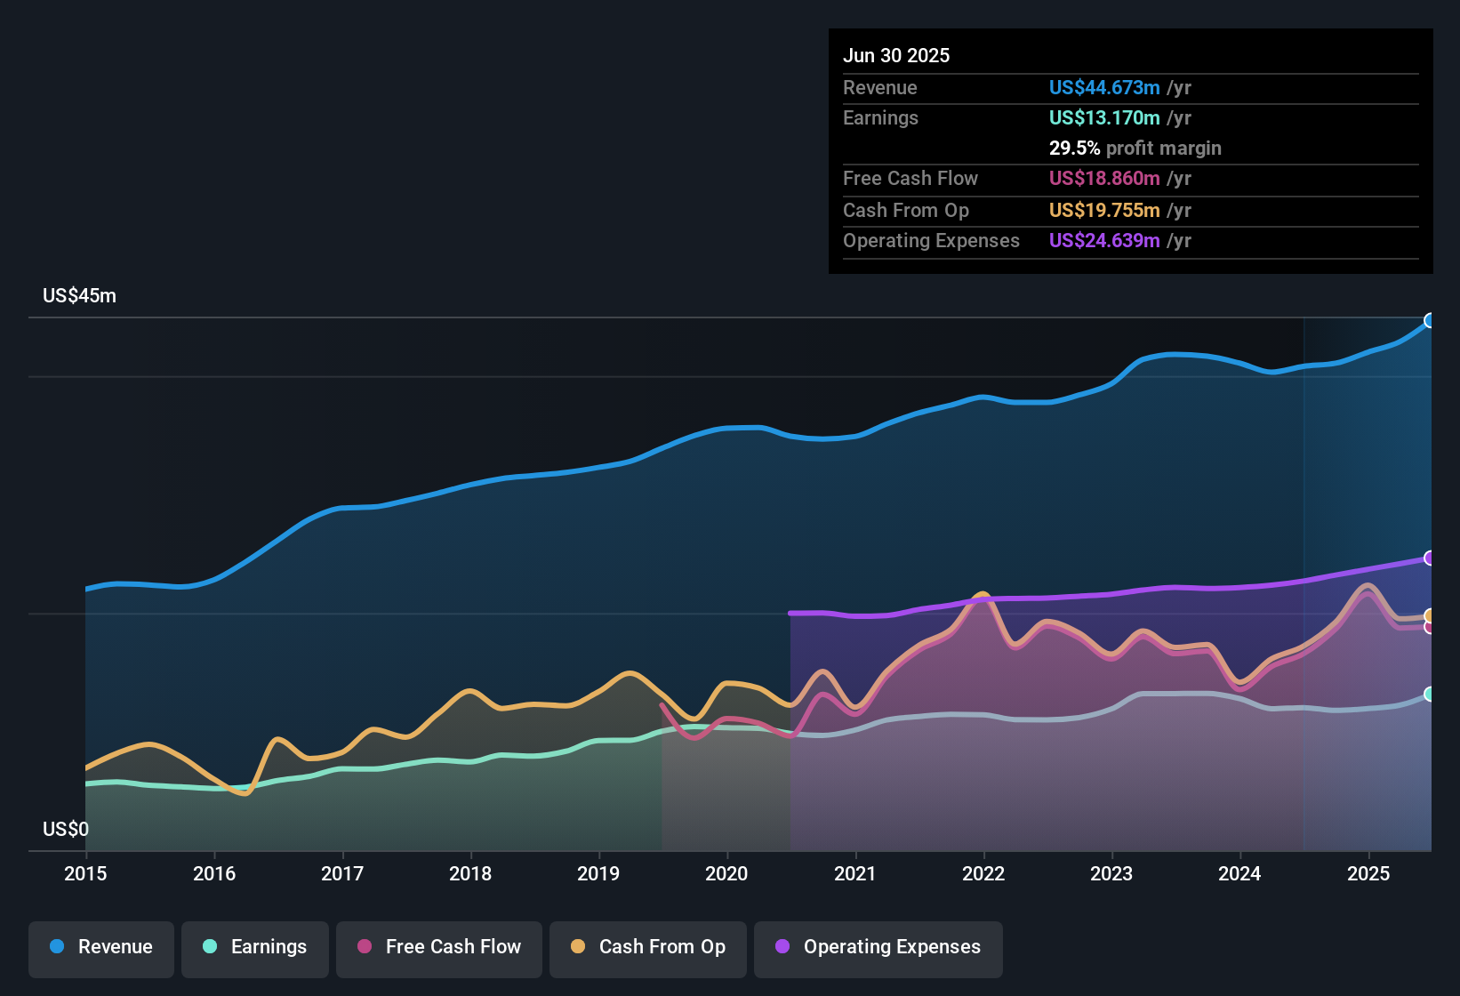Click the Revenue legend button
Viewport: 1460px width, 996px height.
point(101,947)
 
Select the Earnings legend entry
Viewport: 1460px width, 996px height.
point(255,947)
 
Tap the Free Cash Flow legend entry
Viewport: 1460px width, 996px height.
point(439,947)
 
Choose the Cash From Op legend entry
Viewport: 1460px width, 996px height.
point(648,947)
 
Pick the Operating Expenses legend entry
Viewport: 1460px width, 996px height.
point(878,947)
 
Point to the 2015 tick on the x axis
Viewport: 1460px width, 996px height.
point(85,873)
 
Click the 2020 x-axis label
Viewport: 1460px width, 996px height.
point(726,873)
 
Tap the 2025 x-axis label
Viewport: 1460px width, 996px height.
point(1368,873)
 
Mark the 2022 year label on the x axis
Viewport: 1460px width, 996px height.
point(983,873)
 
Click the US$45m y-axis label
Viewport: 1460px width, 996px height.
point(79,296)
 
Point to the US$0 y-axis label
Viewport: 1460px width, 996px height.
point(66,830)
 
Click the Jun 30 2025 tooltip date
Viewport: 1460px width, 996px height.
point(896,56)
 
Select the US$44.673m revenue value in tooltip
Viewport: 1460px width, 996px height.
point(1104,88)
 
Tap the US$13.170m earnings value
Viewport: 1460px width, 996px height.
point(1104,118)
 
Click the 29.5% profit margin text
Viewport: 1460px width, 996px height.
point(1135,149)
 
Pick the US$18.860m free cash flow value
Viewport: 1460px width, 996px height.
point(1104,179)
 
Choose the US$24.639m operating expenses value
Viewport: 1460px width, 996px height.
point(1104,241)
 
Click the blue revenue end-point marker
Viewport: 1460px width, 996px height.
point(1430,320)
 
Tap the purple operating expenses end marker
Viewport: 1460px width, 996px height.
point(1430,558)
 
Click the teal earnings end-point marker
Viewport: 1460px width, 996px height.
point(1430,694)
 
